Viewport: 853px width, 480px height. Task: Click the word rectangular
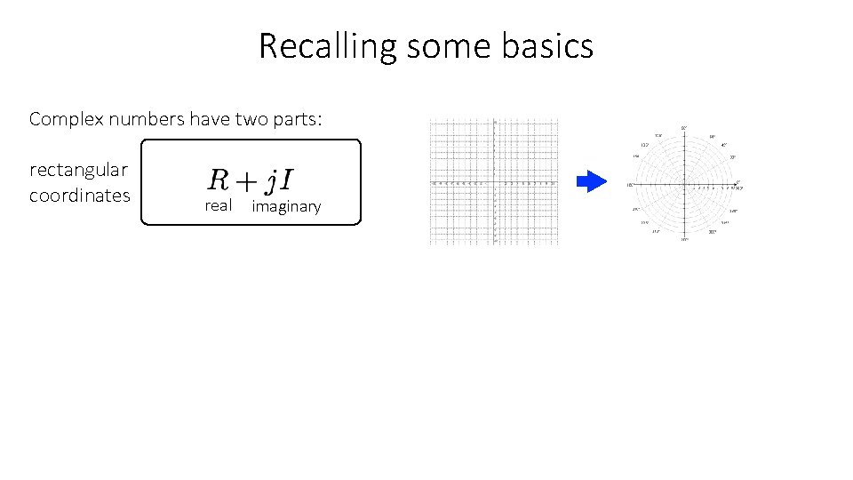pyautogui.click(x=78, y=170)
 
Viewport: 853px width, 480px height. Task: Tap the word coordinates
pyautogui.click(x=79, y=196)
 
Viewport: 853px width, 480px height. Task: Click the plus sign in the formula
pyautogui.click(x=246, y=181)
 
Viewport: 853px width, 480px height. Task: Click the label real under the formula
pyautogui.click(x=218, y=206)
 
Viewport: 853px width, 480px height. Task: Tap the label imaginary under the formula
pyautogui.click(x=286, y=207)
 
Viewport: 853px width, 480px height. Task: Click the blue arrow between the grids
pyautogui.click(x=591, y=182)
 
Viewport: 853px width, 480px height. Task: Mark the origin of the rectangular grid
pyautogui.click(x=494, y=182)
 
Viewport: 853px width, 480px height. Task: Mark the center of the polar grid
pyautogui.click(x=684, y=185)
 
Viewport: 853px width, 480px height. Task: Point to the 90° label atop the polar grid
pyautogui.click(x=684, y=128)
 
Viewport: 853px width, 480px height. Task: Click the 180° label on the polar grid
pyautogui.click(x=630, y=185)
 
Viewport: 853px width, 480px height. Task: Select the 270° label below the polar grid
pyautogui.click(x=684, y=240)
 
